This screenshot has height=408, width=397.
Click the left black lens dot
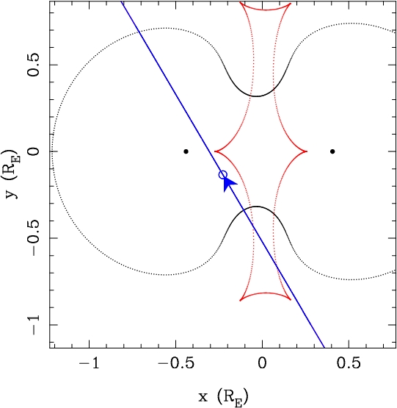point(186,151)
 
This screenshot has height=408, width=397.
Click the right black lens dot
point(332,151)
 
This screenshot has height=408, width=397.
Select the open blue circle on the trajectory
point(223,175)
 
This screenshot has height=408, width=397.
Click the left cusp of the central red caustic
point(215,151)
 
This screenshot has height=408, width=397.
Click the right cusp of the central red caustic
point(307,151)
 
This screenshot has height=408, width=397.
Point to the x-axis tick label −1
point(89,362)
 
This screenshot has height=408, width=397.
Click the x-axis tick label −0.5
point(175,362)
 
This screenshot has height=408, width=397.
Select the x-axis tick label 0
point(262,362)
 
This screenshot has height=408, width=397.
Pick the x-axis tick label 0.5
point(349,362)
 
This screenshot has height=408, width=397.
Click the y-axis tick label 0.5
point(33,65)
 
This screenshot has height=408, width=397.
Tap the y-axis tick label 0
point(33,151)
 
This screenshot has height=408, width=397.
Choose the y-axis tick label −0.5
point(33,238)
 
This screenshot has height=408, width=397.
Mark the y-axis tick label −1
point(33,324)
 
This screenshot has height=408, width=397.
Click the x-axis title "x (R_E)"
point(223,397)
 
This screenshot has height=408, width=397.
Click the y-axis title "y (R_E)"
point(12,173)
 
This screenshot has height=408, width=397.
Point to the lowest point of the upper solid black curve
point(257,96)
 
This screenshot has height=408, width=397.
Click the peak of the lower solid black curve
point(257,207)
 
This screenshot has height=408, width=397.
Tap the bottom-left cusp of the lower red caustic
point(240,300)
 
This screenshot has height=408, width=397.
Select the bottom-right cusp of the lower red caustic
point(290,299)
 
